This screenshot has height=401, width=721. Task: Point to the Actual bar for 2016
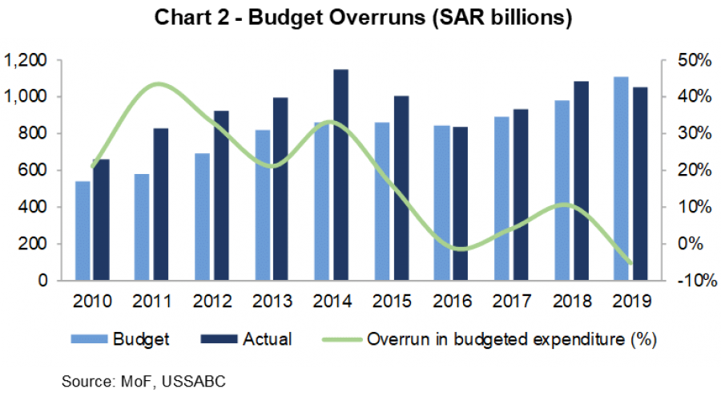tap(460, 204)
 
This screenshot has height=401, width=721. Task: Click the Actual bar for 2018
tap(580, 180)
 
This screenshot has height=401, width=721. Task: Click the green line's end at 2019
tap(630, 262)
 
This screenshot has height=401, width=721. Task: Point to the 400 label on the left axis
tap(32, 207)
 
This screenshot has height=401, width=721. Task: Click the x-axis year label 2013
tap(273, 302)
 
